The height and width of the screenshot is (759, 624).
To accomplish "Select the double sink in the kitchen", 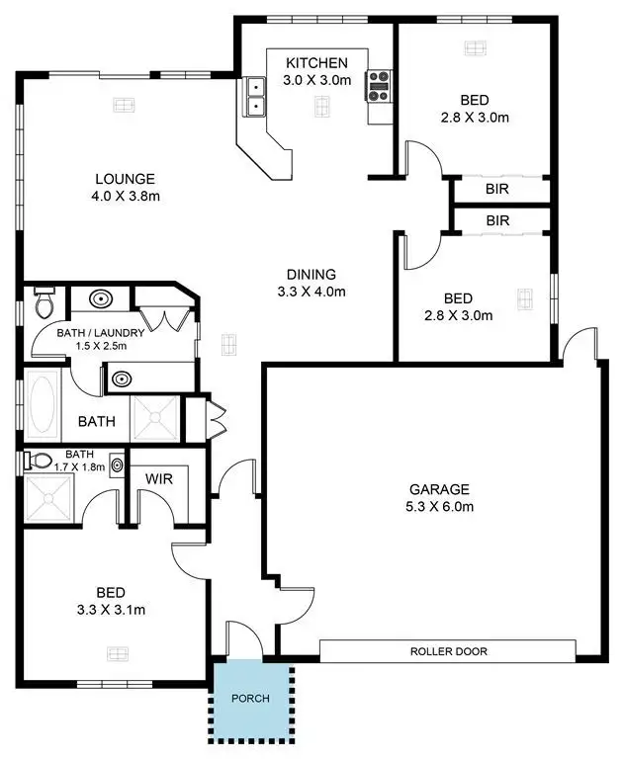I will click(256, 98).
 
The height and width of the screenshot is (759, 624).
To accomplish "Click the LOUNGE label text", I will click(125, 179).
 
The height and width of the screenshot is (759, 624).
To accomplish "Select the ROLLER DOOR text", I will click(449, 651).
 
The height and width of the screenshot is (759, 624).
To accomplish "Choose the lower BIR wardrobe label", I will click(497, 220).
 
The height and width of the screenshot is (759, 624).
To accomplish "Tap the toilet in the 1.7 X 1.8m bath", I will click(41, 461).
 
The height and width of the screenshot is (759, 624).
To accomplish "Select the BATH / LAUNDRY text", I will click(100, 333).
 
